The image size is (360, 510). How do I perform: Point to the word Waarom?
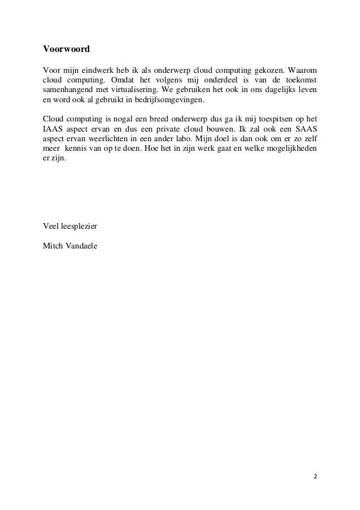tap(302, 69)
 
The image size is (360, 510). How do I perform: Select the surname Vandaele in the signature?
tap(81, 247)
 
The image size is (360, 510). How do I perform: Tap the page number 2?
tap(315, 476)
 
